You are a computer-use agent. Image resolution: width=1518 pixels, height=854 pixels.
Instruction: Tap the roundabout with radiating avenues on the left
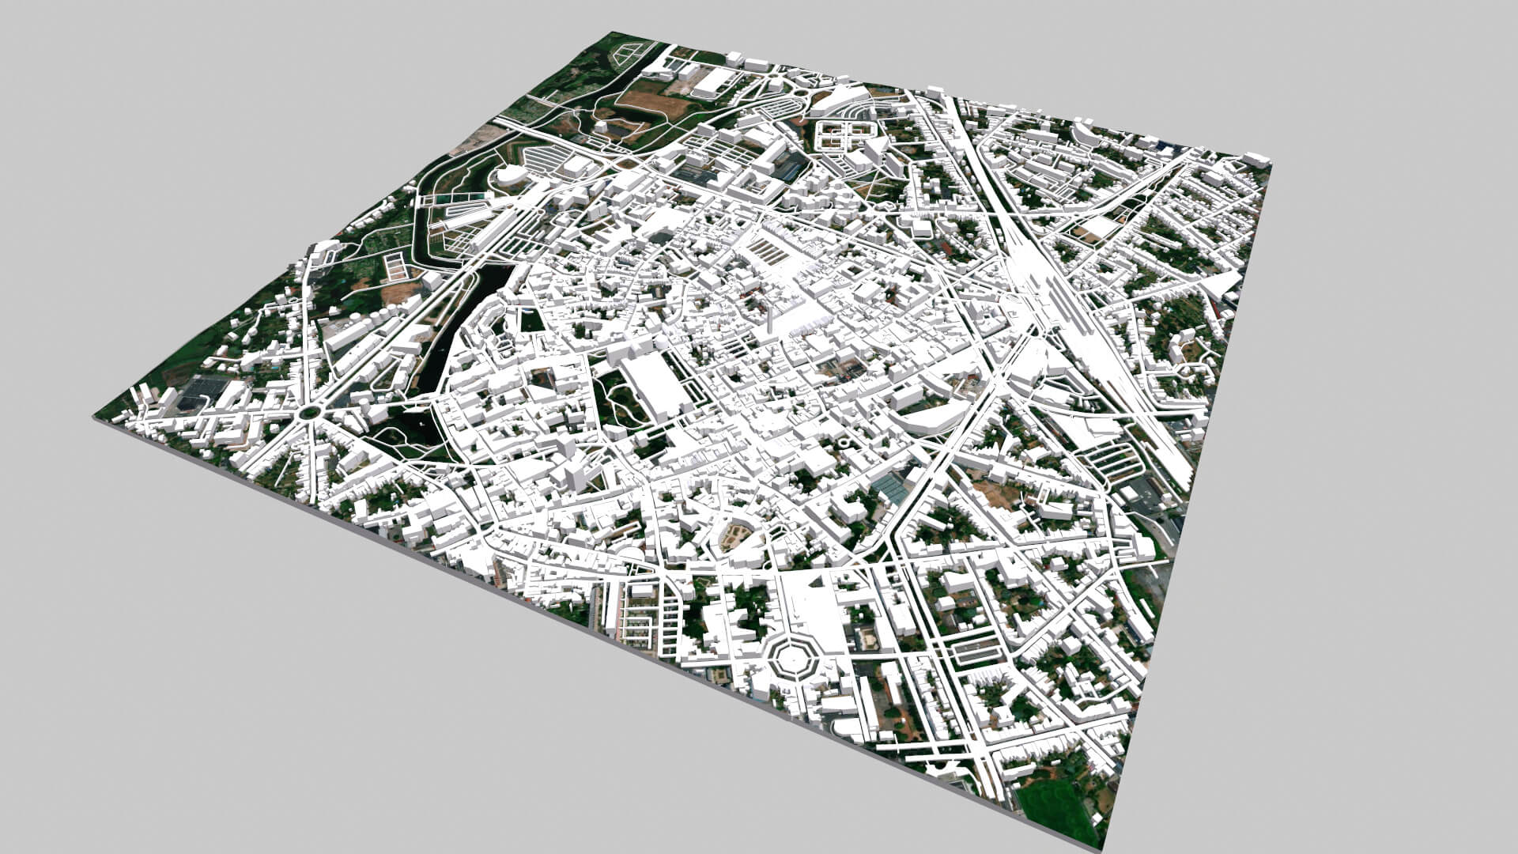[x=308, y=413]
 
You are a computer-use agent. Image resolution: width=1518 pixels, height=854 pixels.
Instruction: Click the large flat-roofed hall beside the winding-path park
[x=653, y=387]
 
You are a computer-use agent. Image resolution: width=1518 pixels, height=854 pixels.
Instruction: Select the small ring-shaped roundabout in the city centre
[x=844, y=443]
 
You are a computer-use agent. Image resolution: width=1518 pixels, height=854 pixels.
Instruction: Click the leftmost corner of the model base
[x=94, y=418]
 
